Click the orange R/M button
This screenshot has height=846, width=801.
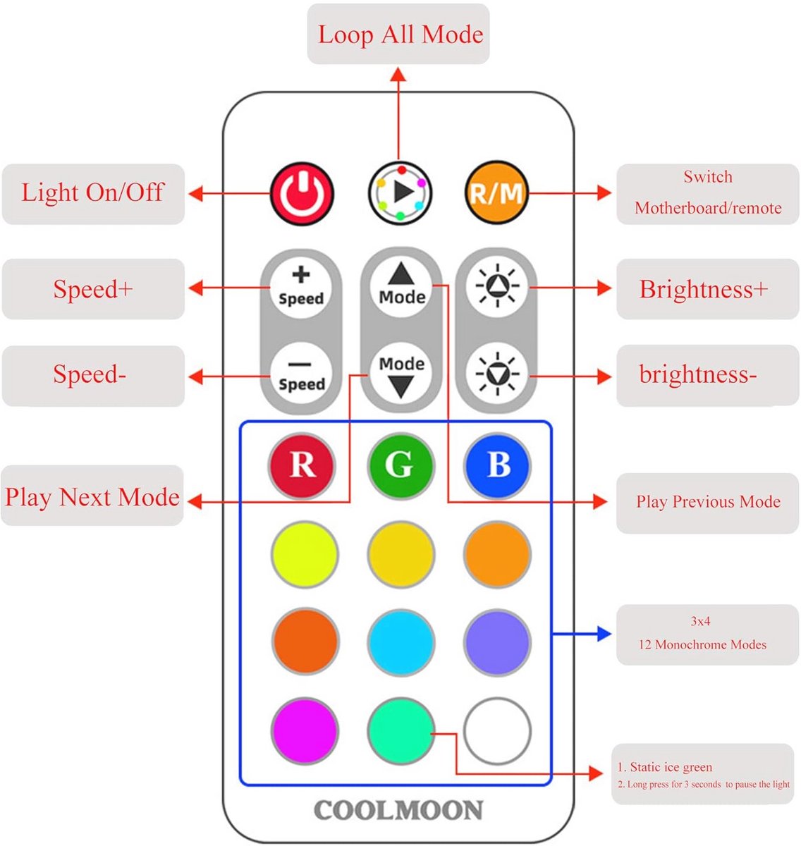click(496, 192)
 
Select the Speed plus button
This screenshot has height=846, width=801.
click(301, 288)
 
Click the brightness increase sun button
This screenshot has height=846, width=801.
click(497, 286)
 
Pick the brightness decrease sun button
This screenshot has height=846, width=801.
click(497, 374)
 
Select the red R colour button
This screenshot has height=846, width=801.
click(302, 465)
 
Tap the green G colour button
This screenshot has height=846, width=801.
click(400, 465)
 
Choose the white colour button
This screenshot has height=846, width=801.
click(497, 731)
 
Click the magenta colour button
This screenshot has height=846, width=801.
click(304, 731)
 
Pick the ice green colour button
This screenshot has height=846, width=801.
click(400, 731)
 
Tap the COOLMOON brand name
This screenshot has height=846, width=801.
click(398, 810)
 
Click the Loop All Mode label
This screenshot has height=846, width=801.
click(400, 35)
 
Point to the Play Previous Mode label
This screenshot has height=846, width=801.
click(708, 502)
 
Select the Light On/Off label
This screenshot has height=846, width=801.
click(92, 192)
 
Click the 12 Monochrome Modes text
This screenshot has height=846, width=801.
click(702, 644)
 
